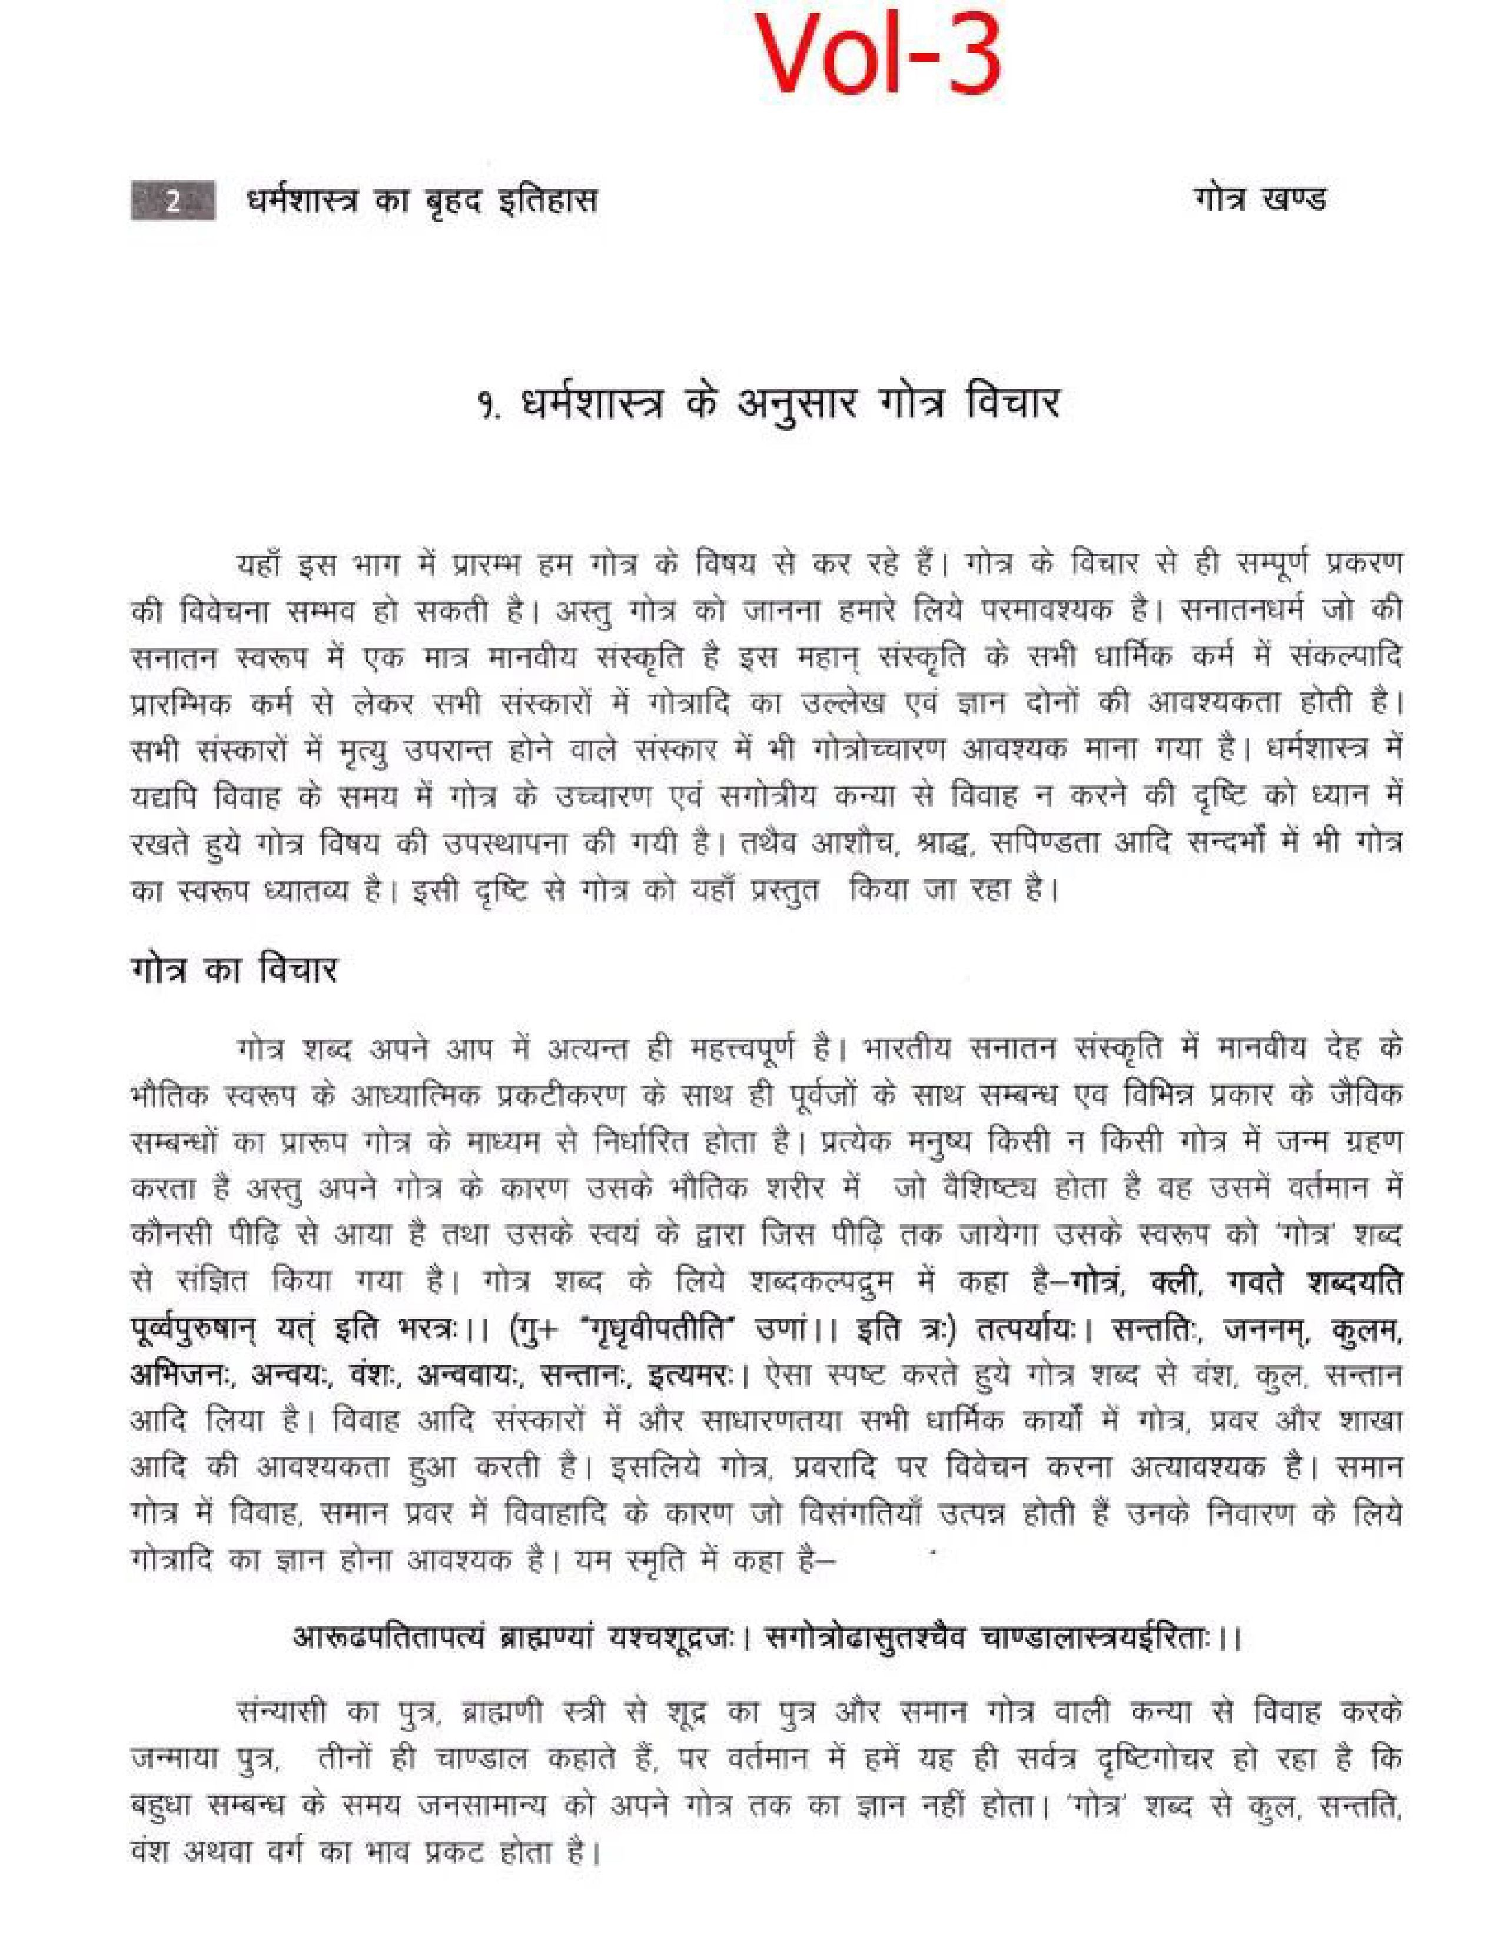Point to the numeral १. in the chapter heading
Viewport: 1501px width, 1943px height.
pos(487,406)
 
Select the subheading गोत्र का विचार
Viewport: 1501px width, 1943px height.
pos(234,970)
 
